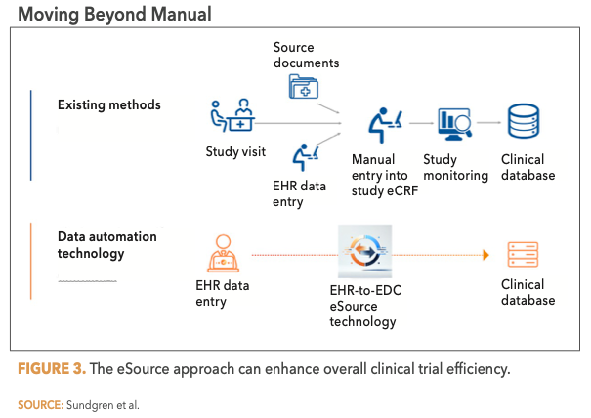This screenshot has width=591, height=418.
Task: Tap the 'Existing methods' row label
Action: (x=109, y=104)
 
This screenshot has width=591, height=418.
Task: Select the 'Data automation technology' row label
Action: (x=106, y=245)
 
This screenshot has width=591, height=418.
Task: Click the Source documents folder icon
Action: (x=305, y=87)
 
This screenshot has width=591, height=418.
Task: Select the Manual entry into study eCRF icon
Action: (x=385, y=121)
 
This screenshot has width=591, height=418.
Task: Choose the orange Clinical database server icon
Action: (x=523, y=253)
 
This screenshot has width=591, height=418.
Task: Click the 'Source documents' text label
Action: (x=306, y=55)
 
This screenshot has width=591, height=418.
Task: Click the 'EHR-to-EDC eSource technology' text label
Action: (x=362, y=306)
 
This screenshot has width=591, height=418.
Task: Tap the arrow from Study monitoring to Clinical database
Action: (x=489, y=123)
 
